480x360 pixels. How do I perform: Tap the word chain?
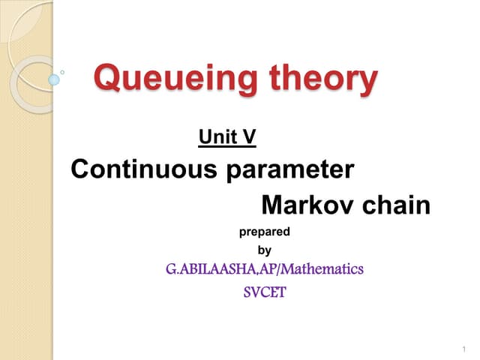coord(397,204)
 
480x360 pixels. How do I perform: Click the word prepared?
coord(264,232)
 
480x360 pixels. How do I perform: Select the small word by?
coord(264,250)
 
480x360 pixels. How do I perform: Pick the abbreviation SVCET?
coord(264,292)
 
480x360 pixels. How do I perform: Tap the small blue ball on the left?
coord(53,78)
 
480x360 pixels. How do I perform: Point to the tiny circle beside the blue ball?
coord(62,73)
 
